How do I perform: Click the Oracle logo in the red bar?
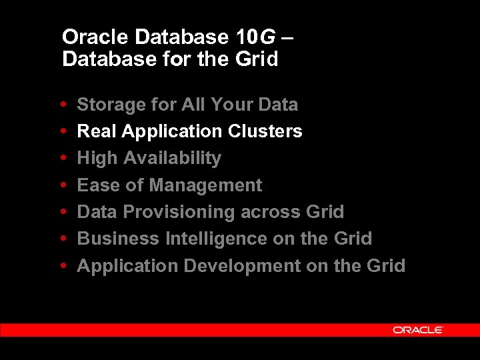tap(417, 329)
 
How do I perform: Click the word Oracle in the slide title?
tap(89, 37)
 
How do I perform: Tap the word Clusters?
tap(265, 131)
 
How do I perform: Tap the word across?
tap(270, 212)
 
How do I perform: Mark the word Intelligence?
tap(218, 239)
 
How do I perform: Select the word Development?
tap(242, 266)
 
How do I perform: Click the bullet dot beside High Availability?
tap(63, 158)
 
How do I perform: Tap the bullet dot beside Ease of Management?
tap(63, 185)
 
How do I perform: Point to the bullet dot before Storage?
tap(63, 105)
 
